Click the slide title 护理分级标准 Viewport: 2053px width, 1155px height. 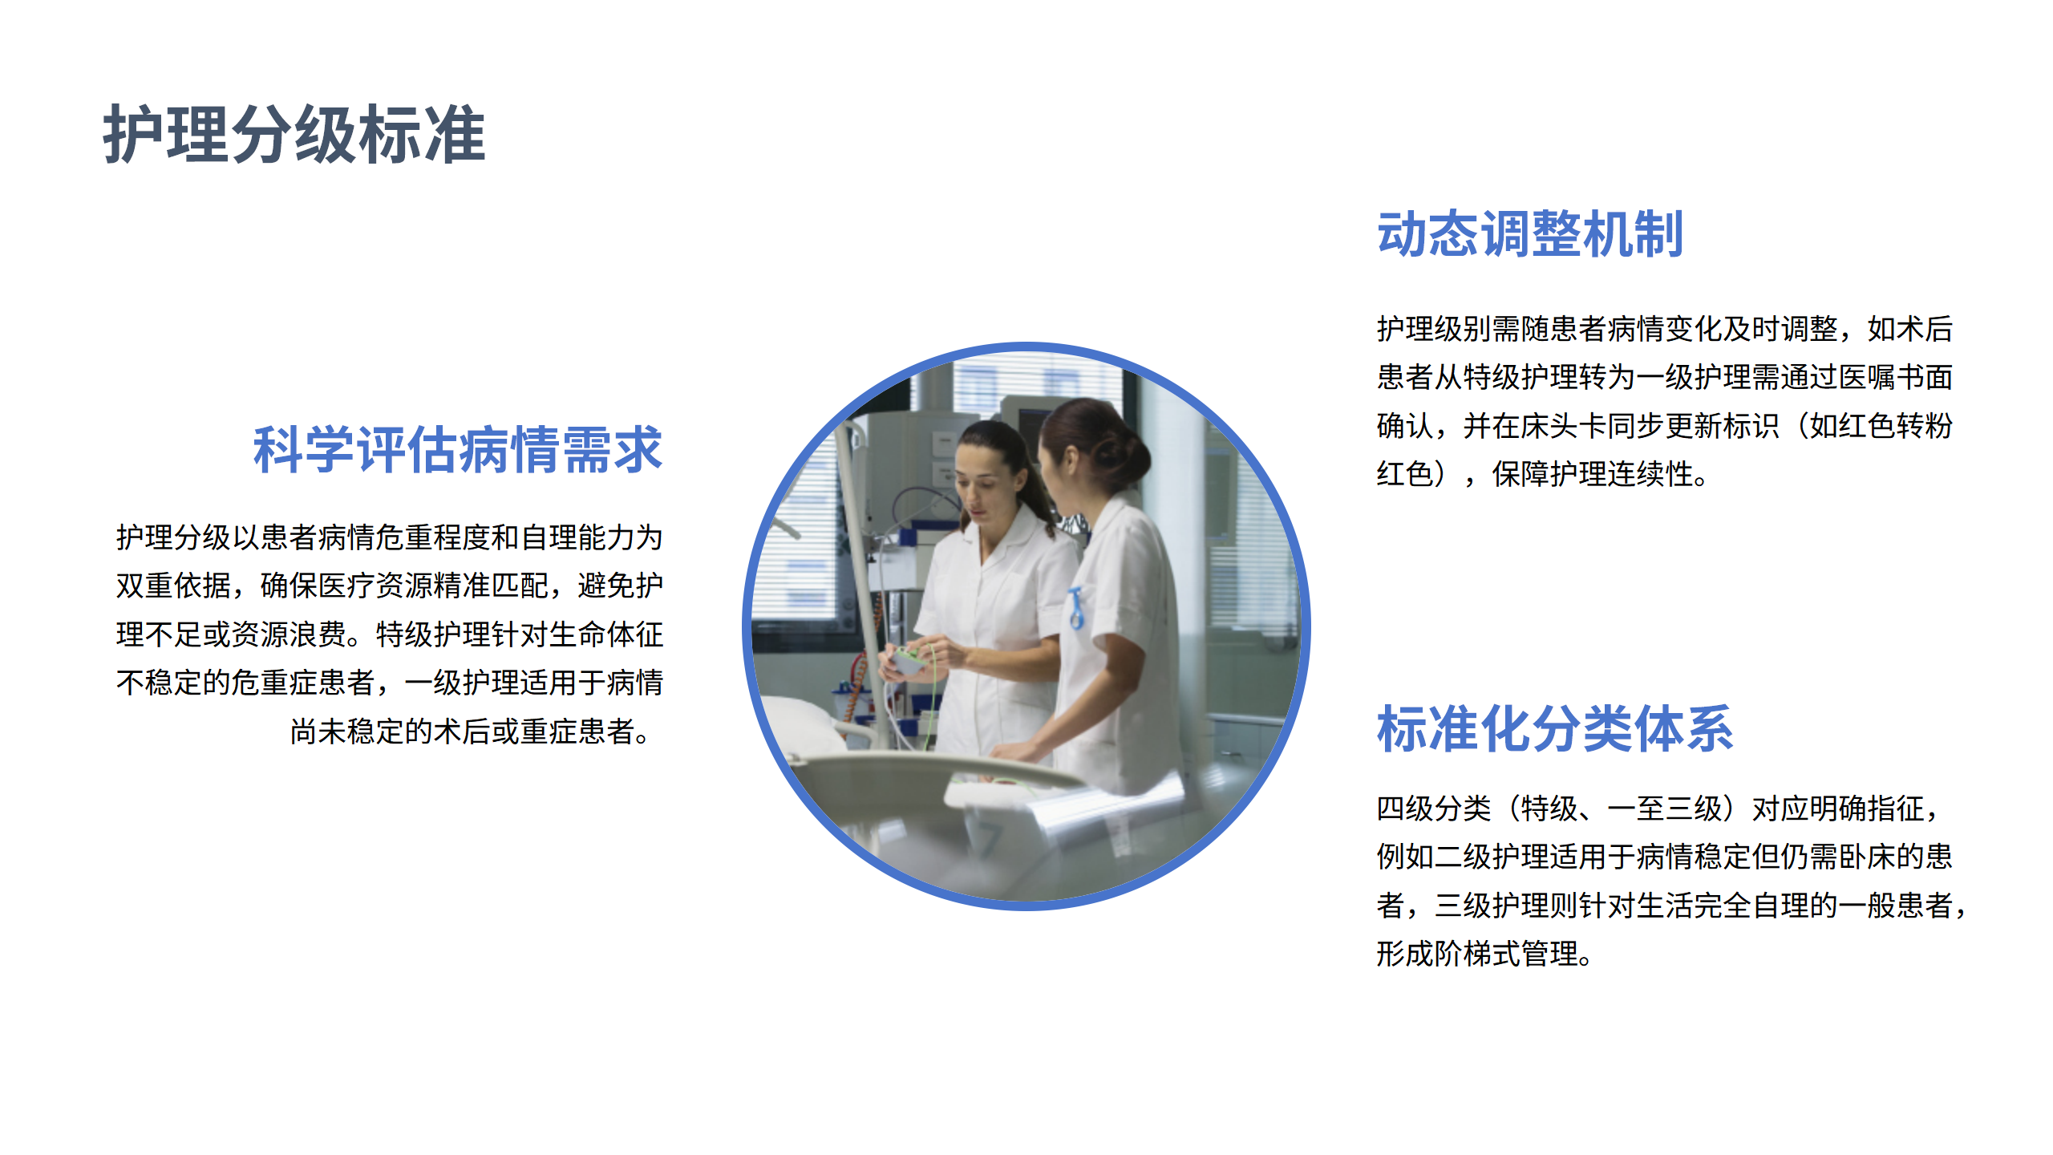point(294,135)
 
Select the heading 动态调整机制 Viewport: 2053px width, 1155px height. point(1529,235)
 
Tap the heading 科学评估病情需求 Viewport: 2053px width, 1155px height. point(457,450)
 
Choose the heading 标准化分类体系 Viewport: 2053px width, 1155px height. point(1555,729)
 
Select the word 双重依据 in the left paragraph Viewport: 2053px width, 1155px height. point(173,586)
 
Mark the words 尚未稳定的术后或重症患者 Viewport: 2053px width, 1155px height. point(462,731)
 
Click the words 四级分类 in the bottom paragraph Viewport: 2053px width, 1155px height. point(1434,808)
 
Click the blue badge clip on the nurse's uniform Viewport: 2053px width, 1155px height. point(1076,607)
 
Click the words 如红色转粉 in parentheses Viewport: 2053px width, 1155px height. point(1881,426)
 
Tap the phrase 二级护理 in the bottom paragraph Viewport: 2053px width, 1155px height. point(1492,857)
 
